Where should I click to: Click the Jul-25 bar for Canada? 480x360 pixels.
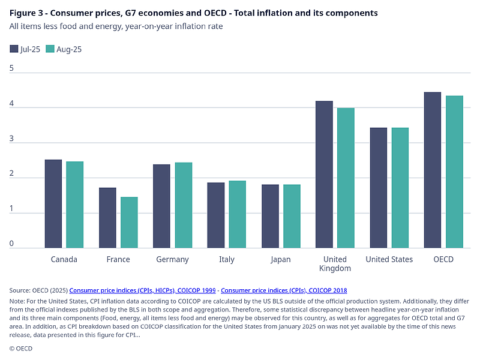point(53,204)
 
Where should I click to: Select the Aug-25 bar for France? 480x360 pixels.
point(129,223)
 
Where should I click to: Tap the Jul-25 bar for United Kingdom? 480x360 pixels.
point(324,175)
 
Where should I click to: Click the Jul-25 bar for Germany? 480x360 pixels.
point(161,206)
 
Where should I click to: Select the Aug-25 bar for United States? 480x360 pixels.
point(400,188)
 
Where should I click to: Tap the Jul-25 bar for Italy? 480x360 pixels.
point(215,215)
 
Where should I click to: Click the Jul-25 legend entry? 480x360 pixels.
point(25,49)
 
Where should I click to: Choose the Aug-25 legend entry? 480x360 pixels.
point(64,49)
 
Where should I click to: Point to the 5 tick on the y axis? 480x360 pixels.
point(11,68)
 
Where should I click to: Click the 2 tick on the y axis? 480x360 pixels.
point(11,173)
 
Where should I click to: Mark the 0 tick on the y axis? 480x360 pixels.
point(11,244)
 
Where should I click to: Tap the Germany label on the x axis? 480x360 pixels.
point(172,259)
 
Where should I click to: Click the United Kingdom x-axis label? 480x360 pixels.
point(335,263)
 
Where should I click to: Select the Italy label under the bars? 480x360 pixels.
point(226,259)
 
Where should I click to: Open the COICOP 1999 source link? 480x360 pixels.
point(143,290)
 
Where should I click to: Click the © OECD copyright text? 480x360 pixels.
point(20,348)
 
